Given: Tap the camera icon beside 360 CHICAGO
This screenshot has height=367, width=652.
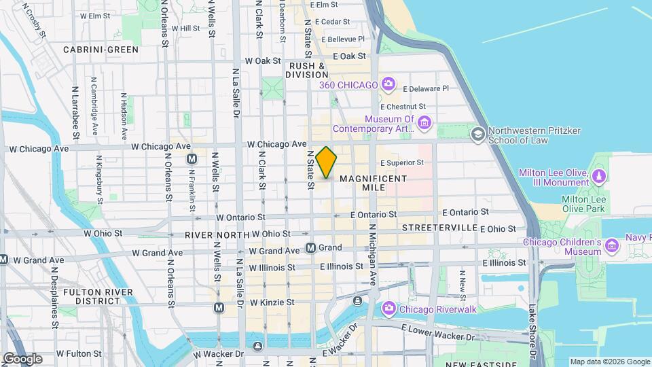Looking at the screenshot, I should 388,84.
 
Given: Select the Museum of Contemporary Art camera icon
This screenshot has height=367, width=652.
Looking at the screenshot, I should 424,122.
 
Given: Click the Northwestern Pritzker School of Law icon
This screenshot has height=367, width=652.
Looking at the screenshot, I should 478,135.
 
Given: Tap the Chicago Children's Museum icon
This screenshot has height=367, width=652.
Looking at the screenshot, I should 612,245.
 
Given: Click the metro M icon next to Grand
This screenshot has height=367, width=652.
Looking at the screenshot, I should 311,248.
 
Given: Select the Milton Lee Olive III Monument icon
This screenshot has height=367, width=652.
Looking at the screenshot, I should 598,177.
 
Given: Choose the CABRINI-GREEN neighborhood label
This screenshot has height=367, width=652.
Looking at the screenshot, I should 101,50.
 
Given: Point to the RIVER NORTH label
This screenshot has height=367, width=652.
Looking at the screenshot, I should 213,234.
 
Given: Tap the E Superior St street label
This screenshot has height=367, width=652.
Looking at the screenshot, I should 401,163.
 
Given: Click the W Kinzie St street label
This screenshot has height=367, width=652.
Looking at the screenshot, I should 272,302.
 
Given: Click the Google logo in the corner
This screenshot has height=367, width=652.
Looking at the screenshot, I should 22,359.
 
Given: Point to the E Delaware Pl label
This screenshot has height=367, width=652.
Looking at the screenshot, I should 426,88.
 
